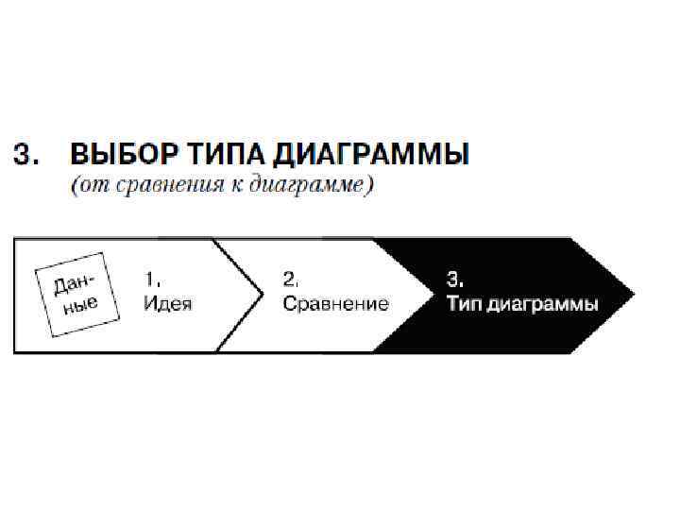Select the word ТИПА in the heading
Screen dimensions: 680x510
(x=213, y=153)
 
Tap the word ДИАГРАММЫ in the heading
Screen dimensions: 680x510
(x=364, y=153)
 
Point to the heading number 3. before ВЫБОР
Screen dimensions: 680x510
(x=26, y=153)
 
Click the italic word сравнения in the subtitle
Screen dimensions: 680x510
(x=165, y=185)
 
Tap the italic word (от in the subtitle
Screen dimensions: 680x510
(x=91, y=185)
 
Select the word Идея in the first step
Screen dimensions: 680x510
(x=167, y=304)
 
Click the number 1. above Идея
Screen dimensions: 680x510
(x=152, y=279)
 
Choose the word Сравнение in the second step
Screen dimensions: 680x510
(x=335, y=304)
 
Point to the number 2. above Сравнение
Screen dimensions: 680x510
(x=291, y=279)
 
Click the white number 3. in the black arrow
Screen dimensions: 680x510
(x=454, y=279)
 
